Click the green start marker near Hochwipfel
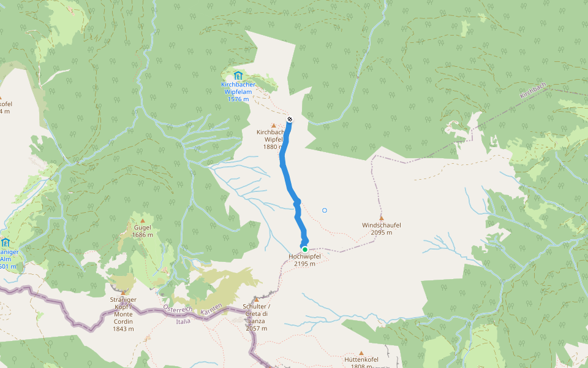coord(304,250)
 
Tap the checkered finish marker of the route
coord(290,119)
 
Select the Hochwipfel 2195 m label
coord(304,260)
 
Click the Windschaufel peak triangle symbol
coord(381,218)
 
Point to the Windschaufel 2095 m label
coord(381,229)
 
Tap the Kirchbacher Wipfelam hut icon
coord(238,75)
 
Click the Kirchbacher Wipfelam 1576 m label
coord(238,91)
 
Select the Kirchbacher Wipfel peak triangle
coord(273,126)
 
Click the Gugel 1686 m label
coord(143,231)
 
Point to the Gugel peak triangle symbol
coord(143,220)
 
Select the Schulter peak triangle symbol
coord(256,299)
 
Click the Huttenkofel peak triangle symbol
coord(361,353)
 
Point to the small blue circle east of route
coord(325,210)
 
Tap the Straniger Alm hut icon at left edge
coord(5,242)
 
